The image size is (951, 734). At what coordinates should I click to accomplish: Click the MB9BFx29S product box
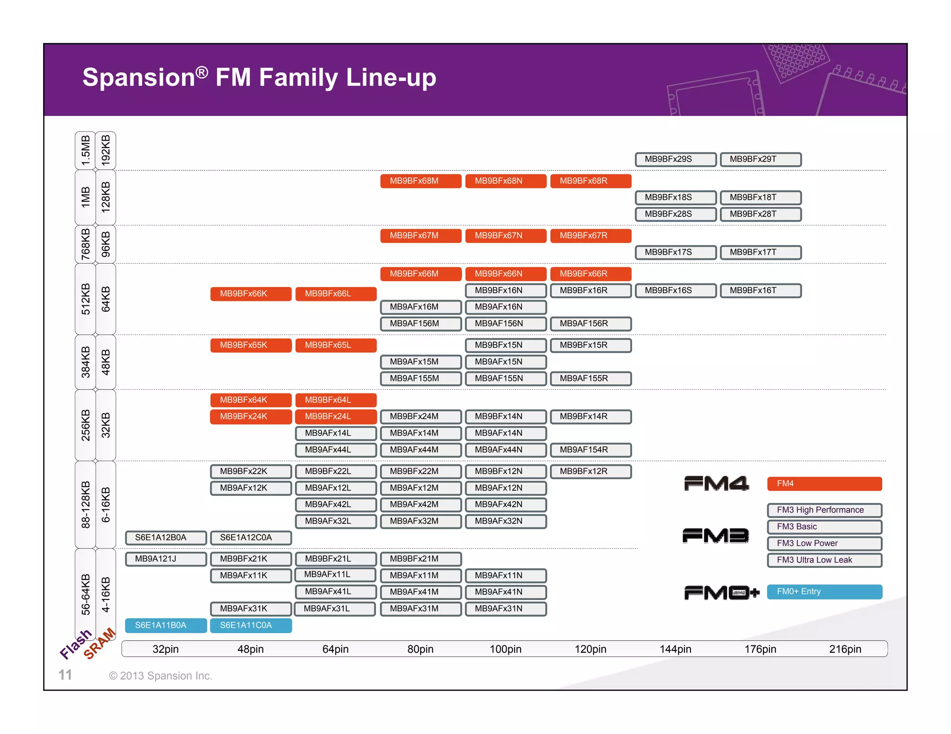[675, 159]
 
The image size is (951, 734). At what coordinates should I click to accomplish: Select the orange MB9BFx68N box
[505, 181]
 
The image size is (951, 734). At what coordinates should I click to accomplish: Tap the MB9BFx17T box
[760, 252]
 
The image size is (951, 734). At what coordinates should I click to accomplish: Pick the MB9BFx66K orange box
[251, 294]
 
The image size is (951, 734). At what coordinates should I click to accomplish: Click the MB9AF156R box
[590, 323]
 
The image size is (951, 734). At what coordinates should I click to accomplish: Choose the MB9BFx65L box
[335, 345]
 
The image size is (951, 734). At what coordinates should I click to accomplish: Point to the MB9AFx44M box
[420, 450]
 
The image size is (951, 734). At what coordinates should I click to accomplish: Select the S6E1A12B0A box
[166, 537]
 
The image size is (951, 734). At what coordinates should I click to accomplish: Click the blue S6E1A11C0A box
[251, 625]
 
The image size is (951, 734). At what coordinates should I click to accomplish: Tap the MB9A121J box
[166, 559]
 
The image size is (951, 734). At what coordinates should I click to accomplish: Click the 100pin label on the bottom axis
[505, 649]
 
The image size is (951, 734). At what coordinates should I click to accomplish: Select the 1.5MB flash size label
[85, 150]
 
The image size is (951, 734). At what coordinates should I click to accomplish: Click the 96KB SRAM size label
[106, 244]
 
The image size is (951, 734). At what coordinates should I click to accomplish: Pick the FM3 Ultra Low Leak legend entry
[824, 560]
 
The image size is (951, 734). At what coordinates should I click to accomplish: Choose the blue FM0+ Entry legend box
[824, 592]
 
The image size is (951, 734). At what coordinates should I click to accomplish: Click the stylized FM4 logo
[716, 483]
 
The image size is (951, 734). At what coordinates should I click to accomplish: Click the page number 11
[65, 675]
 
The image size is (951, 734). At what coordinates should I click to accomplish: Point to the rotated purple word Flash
[76, 644]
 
